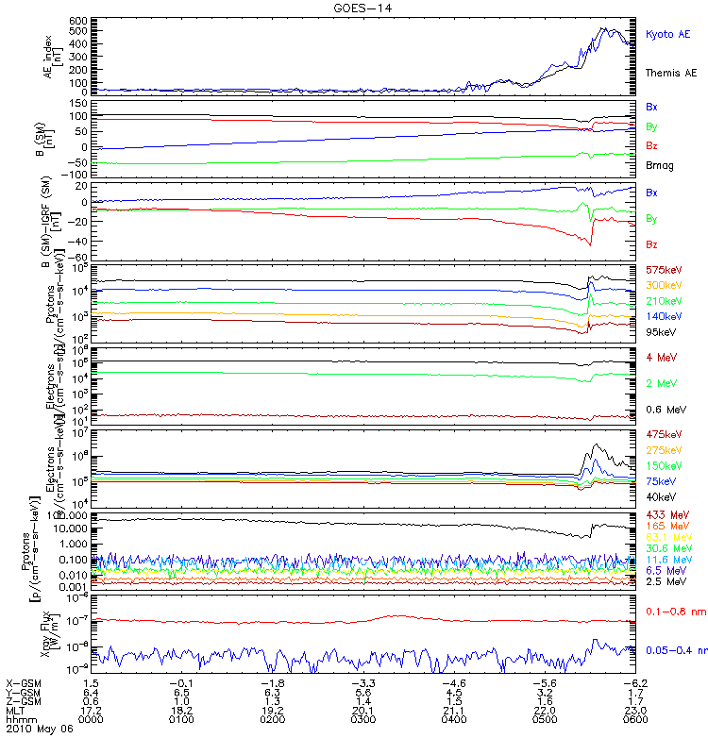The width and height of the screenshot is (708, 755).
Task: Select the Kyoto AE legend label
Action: [x=667, y=34]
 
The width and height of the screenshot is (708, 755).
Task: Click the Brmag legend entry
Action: [x=659, y=165]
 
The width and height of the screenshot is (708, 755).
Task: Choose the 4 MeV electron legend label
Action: [x=661, y=358]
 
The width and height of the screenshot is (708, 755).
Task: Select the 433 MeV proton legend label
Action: [x=665, y=513]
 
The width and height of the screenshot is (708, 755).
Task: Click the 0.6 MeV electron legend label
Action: [x=665, y=409]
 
